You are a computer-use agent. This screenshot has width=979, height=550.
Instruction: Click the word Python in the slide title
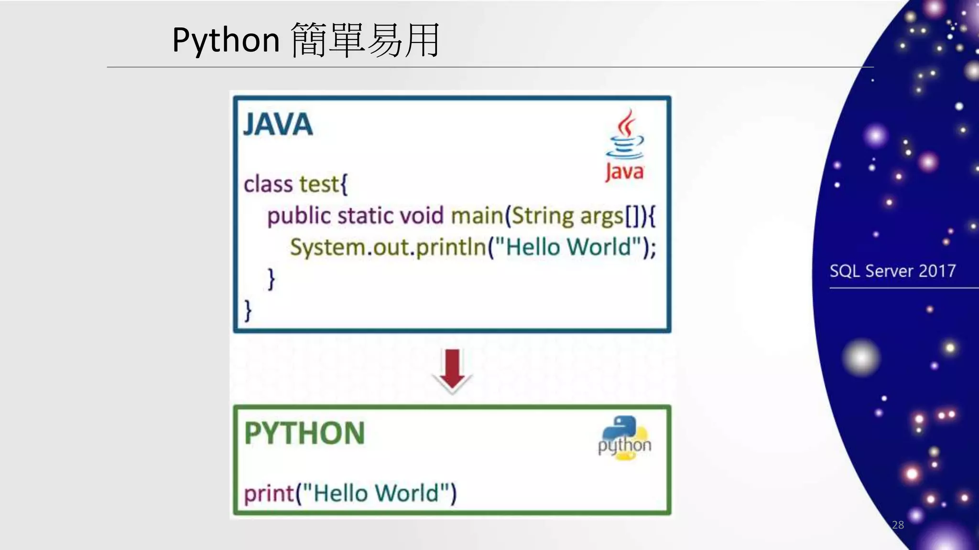226,40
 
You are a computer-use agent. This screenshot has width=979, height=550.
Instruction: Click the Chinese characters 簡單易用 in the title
365,40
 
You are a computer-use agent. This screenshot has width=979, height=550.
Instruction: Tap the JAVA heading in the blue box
278,125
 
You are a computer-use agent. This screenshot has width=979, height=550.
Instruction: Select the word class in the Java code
268,184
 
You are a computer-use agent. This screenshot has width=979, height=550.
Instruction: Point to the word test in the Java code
319,184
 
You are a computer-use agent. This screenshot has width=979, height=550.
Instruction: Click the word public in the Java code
299,216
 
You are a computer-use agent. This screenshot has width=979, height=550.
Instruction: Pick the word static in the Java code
365,216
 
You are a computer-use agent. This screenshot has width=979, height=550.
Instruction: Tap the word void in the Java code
422,216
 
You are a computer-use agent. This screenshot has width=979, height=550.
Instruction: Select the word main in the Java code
476,216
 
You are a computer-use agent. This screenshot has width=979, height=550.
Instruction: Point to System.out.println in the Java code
388,247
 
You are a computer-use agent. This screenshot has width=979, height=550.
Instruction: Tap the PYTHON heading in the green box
305,433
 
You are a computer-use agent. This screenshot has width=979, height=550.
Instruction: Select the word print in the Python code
269,493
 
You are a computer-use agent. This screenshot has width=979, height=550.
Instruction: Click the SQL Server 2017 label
892,271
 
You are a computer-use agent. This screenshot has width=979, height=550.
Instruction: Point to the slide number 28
898,525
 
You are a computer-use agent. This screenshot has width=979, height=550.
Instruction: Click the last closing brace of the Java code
248,310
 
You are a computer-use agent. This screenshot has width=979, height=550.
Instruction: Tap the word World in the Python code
406,493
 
